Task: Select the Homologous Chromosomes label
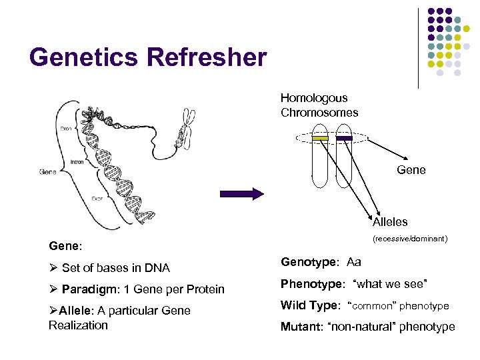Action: pos(319,105)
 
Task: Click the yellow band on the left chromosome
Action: pos(321,138)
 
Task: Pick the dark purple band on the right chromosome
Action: pos(344,138)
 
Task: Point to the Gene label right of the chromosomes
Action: pos(411,170)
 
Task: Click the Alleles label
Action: pos(390,222)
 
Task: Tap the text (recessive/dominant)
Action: pos(409,238)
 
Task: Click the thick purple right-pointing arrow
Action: pos(243,194)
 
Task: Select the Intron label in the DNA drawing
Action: pos(78,161)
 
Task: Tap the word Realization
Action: pos(78,325)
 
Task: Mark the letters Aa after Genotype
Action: pos(354,263)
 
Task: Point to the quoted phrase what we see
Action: pos(394,285)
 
